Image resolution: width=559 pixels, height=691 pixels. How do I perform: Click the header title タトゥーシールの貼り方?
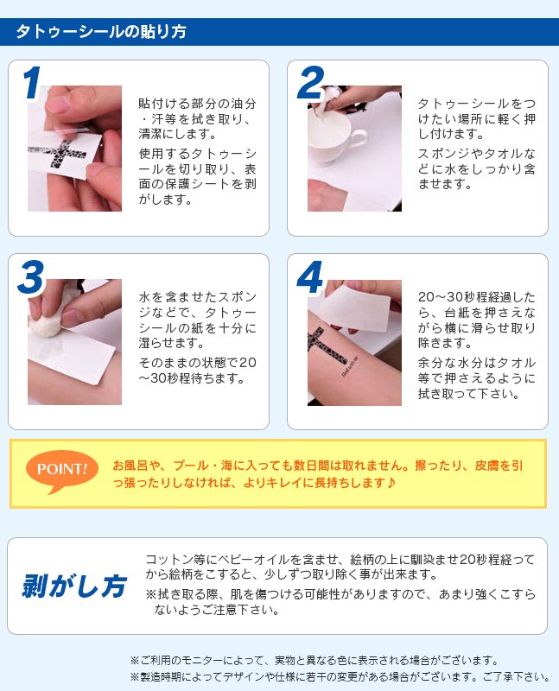click(101, 32)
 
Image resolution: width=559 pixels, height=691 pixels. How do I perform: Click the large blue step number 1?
click(32, 82)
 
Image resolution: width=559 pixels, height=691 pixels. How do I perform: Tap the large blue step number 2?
click(311, 82)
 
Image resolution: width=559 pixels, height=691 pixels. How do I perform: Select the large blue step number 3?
click(31, 276)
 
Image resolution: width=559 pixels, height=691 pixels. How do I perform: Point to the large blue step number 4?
click(310, 276)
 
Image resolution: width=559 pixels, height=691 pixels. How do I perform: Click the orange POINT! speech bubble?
click(61, 470)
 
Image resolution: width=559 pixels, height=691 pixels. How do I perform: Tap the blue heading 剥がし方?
click(74, 586)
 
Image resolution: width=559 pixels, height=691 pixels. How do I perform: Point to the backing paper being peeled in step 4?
click(355, 307)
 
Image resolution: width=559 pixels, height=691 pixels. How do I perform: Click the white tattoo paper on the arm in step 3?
click(71, 352)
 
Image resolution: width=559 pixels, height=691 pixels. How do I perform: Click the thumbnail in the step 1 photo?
click(57, 104)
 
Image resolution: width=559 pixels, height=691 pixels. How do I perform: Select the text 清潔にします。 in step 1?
click(177, 133)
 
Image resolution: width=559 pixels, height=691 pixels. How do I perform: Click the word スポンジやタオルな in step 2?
click(477, 154)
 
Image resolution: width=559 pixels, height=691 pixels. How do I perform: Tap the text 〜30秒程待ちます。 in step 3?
click(192, 378)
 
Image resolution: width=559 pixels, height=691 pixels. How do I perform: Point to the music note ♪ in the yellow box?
click(391, 483)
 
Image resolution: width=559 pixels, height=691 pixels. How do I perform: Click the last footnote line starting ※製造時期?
click(340, 677)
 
